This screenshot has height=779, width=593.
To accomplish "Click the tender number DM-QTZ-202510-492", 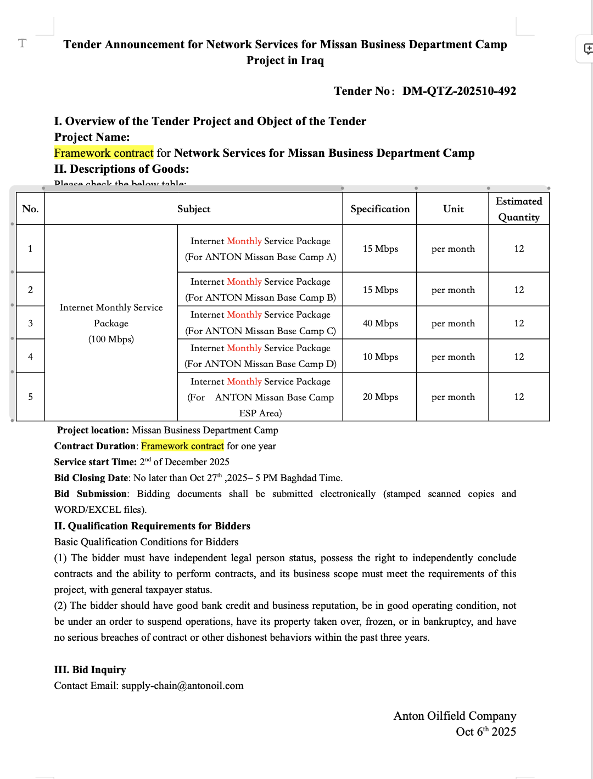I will tap(459, 91).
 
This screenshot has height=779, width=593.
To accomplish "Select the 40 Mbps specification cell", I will tap(380, 323).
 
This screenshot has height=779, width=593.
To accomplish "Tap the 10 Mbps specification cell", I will tap(380, 357).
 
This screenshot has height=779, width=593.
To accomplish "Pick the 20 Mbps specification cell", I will tap(380, 397).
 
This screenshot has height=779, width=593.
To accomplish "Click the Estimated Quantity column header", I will tap(518, 209).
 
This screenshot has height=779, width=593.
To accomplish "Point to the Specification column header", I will tap(380, 209).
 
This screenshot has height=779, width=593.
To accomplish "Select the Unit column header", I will tap(453, 209).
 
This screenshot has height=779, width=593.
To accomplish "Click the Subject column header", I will tap(194, 209).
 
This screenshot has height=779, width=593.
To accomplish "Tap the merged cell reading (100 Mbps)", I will tap(111, 339).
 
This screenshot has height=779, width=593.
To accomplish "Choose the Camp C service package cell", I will tap(260, 323).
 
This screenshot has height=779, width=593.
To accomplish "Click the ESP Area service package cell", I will tap(260, 397).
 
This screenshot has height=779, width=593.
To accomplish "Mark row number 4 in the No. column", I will tap(31, 357).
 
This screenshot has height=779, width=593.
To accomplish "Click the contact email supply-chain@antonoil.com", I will tap(182, 686).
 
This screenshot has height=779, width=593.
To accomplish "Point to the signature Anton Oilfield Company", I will tap(455, 716).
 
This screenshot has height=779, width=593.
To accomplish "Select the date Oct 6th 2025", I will tap(485, 732).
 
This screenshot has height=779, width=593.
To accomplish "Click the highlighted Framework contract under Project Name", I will tap(104, 153).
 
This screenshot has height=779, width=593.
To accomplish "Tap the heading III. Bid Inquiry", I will tap(90, 670).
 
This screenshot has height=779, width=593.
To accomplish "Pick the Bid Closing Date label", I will tap(91, 478).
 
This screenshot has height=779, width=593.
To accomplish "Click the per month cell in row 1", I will tap(453, 249).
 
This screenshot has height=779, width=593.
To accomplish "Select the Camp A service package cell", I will tap(260, 249).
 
